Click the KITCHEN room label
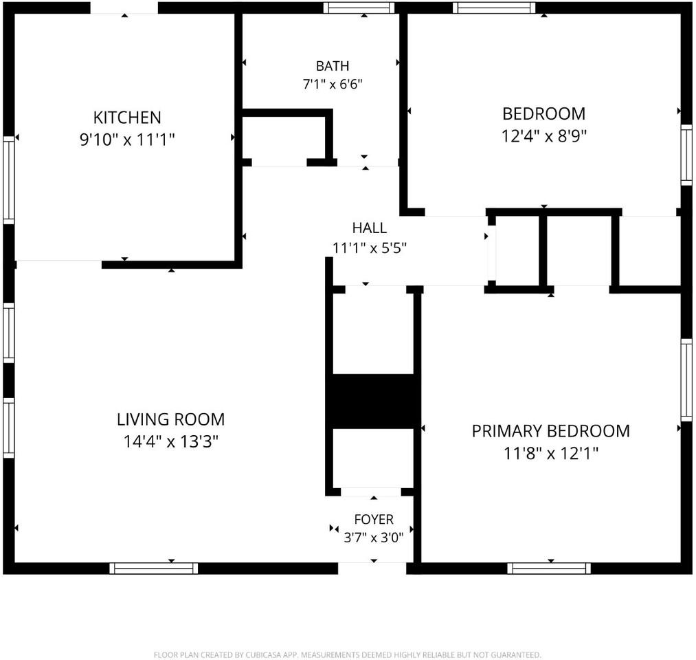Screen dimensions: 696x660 tap(127, 118)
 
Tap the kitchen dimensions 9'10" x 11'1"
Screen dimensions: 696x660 tap(127, 140)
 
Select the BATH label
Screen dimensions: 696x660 tap(333, 66)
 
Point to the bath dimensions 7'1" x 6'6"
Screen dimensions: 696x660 tap(333, 84)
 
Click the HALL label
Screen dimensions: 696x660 tap(370, 228)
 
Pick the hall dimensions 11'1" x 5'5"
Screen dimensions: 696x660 tap(370, 247)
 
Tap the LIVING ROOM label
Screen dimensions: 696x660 tap(171, 419)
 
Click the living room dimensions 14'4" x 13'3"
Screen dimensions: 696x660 tap(171, 442)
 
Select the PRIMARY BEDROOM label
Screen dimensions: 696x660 tap(550, 431)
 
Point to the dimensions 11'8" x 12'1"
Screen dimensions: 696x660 tap(550, 454)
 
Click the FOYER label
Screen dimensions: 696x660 tap(374, 519)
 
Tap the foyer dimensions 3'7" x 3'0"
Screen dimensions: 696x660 tap(374, 538)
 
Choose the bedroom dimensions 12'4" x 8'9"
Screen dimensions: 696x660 tap(543, 136)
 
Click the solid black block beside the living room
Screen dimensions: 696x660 tap(373, 401)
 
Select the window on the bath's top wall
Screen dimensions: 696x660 tap(359, 8)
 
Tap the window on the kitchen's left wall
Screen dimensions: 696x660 tap(9, 180)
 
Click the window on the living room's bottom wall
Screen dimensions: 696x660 tap(154, 569)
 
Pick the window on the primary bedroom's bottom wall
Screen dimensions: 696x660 tap(549, 569)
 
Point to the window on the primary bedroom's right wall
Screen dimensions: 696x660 tap(686, 379)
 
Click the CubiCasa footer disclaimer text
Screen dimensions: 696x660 tap(348, 654)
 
